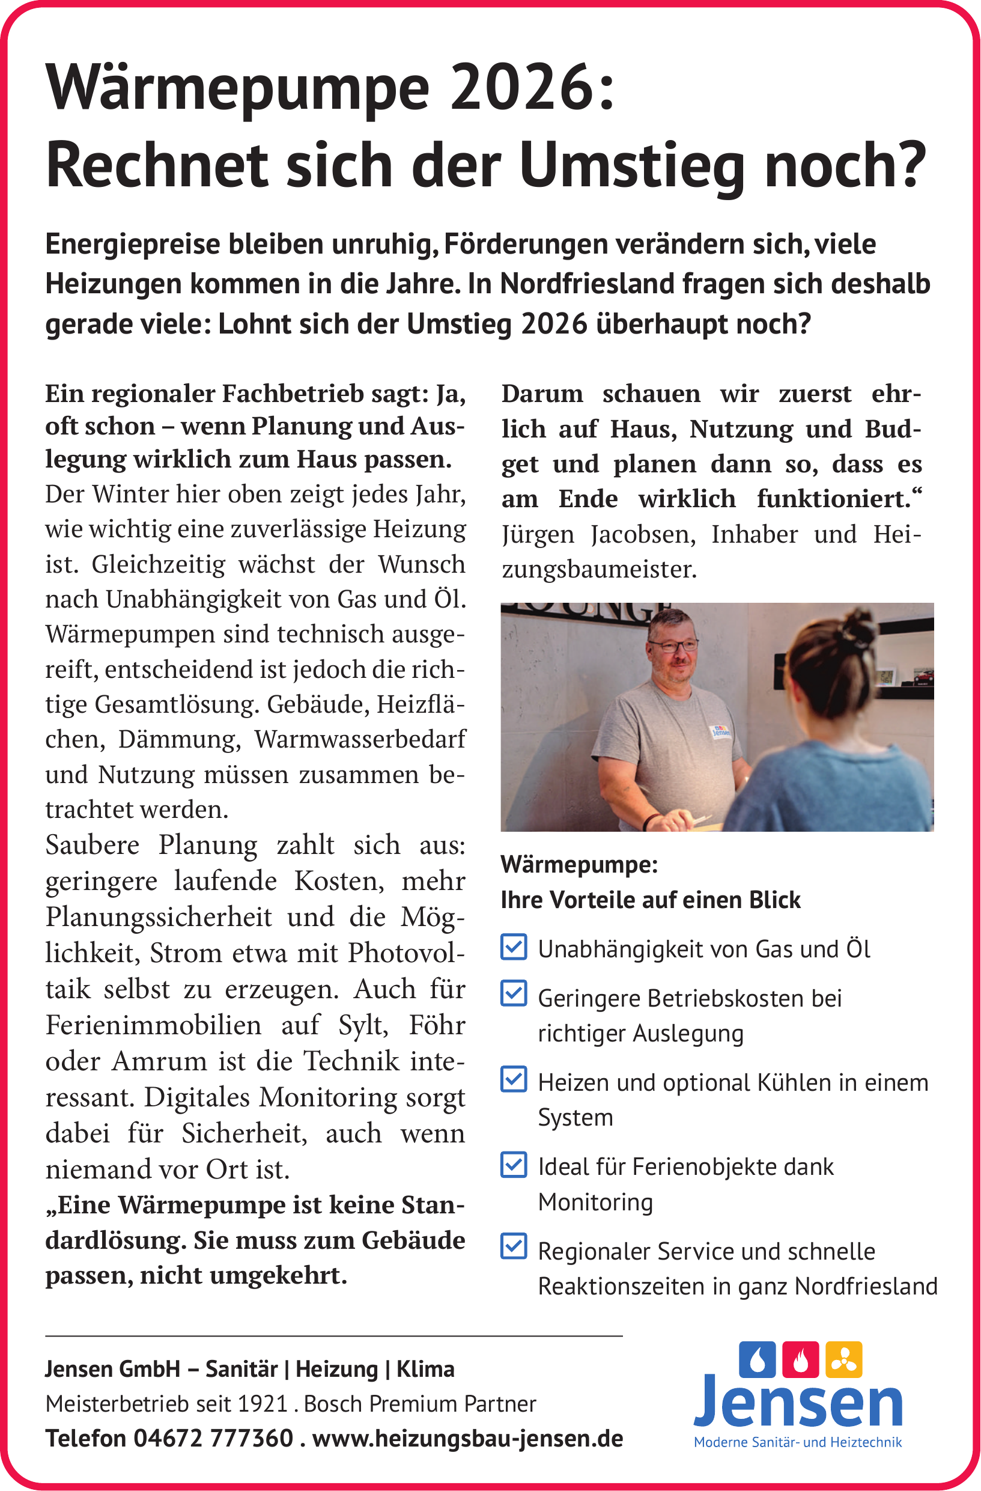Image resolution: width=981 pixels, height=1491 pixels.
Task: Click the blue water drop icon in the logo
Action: [x=757, y=1360]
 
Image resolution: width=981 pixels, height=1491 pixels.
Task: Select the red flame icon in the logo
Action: [x=800, y=1360]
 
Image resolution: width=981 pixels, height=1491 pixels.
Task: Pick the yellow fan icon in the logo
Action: [x=844, y=1360]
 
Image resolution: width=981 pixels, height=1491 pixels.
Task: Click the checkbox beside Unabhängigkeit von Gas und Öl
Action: [x=514, y=947]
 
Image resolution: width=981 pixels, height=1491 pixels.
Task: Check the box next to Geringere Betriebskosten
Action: [x=514, y=993]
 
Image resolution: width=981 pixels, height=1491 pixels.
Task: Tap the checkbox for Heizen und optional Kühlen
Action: [x=514, y=1079]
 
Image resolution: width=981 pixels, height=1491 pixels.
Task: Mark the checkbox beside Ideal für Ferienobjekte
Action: [x=514, y=1165]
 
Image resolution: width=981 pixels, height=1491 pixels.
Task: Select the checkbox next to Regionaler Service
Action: [x=514, y=1246]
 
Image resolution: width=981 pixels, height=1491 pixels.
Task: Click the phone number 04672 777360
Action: [x=213, y=1438]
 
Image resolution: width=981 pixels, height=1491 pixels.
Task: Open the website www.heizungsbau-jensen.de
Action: [x=467, y=1438]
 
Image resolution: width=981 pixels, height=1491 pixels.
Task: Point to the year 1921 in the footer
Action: [x=263, y=1404]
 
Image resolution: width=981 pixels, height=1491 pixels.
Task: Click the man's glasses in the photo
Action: [x=673, y=645]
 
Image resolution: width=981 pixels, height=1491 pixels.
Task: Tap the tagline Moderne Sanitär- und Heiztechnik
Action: [x=798, y=1442]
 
